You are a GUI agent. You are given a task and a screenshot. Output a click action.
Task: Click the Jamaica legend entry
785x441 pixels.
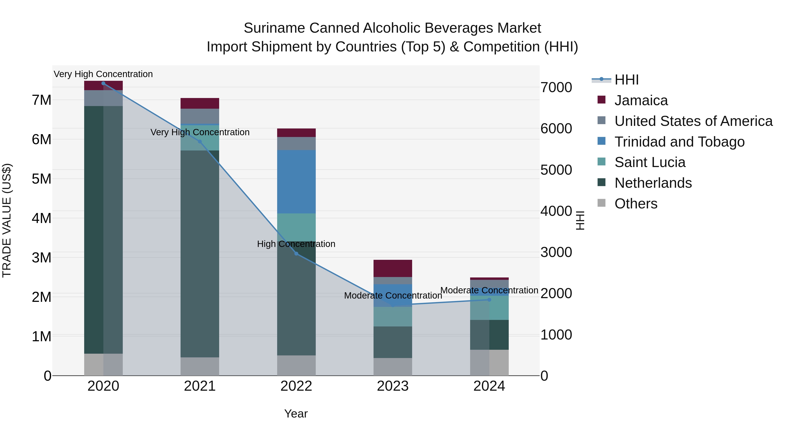click(641, 100)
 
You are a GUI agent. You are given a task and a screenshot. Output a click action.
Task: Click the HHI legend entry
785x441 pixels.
click(626, 80)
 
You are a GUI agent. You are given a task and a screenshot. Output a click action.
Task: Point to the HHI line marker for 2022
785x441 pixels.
click(296, 253)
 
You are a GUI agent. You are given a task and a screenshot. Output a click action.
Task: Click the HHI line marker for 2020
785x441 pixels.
click(103, 83)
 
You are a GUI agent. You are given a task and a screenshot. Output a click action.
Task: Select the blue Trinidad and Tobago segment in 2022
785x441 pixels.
click(296, 182)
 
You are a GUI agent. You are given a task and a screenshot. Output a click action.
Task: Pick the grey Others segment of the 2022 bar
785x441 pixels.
click(296, 365)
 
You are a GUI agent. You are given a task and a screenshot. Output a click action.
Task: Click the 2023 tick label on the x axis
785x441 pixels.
click(392, 386)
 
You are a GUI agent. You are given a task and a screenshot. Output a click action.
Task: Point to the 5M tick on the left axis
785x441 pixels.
click(41, 179)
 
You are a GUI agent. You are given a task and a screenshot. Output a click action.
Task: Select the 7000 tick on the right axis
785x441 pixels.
click(556, 87)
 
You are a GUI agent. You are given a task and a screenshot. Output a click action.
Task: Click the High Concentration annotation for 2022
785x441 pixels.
click(296, 244)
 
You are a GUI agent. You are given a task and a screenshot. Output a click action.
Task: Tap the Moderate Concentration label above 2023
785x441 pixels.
click(393, 296)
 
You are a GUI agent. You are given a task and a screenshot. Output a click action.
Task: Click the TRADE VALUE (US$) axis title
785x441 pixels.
click(7, 220)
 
